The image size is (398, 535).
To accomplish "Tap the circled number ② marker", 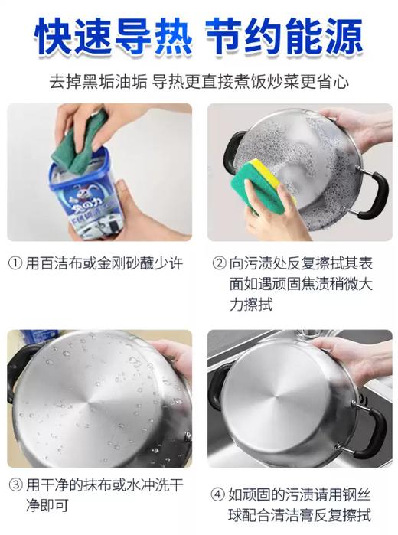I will (x=219, y=263).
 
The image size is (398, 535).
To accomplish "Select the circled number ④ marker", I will (x=219, y=494).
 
